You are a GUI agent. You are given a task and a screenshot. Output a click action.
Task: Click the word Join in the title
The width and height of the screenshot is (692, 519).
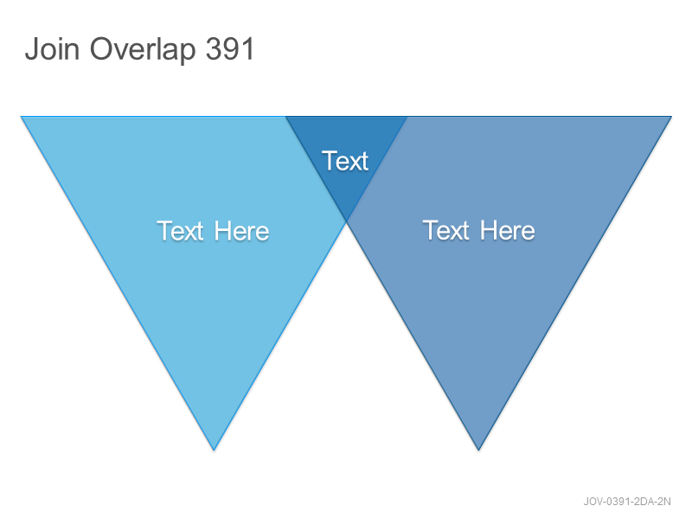point(52,48)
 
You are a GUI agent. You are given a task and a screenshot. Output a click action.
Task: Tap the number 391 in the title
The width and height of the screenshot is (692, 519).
point(230,48)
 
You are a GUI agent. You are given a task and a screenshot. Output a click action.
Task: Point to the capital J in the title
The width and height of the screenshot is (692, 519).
point(31,49)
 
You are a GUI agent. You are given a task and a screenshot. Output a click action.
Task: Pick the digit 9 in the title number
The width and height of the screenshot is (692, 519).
point(230,48)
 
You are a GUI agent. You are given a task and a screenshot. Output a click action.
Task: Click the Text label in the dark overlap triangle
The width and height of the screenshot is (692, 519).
point(344,161)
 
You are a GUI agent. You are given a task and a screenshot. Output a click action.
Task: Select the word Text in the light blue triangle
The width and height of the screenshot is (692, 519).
point(181,230)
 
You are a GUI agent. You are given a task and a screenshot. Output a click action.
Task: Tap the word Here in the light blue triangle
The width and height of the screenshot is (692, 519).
point(241,230)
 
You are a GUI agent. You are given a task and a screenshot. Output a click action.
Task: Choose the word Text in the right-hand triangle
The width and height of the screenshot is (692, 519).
point(446,230)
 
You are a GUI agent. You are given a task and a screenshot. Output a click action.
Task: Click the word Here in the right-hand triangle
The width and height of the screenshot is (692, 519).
point(508,230)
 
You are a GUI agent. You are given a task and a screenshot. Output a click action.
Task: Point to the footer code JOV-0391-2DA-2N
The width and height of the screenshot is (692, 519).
point(626,502)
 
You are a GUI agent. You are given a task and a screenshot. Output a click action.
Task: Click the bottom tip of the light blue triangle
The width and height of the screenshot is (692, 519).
point(214,450)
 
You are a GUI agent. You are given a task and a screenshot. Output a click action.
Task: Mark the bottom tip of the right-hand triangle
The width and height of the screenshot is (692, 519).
point(478,450)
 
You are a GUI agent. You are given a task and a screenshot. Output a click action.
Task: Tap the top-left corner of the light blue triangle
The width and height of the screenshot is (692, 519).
point(21,117)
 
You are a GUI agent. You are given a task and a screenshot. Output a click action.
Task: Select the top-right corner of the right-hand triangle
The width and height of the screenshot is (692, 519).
point(671,117)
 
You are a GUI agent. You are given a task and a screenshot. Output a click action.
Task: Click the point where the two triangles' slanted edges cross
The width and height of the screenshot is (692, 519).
point(347,221)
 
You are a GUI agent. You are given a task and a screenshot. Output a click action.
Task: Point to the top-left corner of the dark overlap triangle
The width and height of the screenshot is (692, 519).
point(286,117)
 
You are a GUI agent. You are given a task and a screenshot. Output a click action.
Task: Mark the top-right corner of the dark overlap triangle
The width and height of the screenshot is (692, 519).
point(407,117)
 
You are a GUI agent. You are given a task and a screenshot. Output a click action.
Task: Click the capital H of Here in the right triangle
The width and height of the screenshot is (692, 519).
point(488,230)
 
